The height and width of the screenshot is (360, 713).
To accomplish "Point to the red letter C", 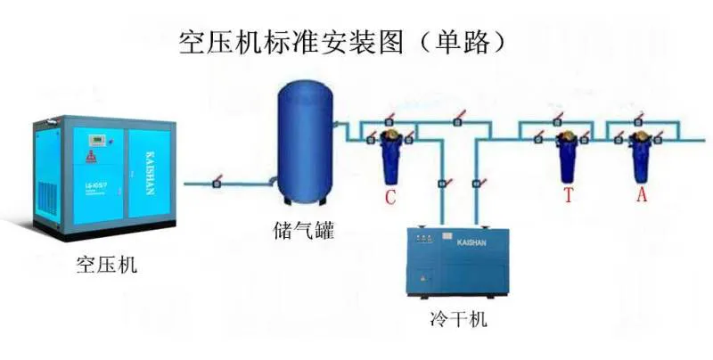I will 389,197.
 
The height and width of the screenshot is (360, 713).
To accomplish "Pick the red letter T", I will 568,196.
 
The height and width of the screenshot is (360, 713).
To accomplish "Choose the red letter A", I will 641,195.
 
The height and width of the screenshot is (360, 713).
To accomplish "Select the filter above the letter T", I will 566,159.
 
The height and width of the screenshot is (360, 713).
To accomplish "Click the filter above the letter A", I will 639,159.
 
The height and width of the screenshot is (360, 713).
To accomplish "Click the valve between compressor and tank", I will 217,184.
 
